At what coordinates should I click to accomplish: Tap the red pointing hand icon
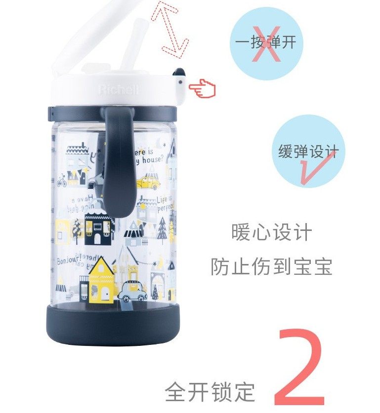203,89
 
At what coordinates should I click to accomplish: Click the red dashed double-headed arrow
169,28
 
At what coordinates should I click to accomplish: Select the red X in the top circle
267,43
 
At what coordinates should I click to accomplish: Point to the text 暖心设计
272,232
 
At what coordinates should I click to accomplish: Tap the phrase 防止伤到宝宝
271,266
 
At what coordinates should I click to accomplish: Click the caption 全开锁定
210,392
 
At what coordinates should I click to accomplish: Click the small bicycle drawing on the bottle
62,181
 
